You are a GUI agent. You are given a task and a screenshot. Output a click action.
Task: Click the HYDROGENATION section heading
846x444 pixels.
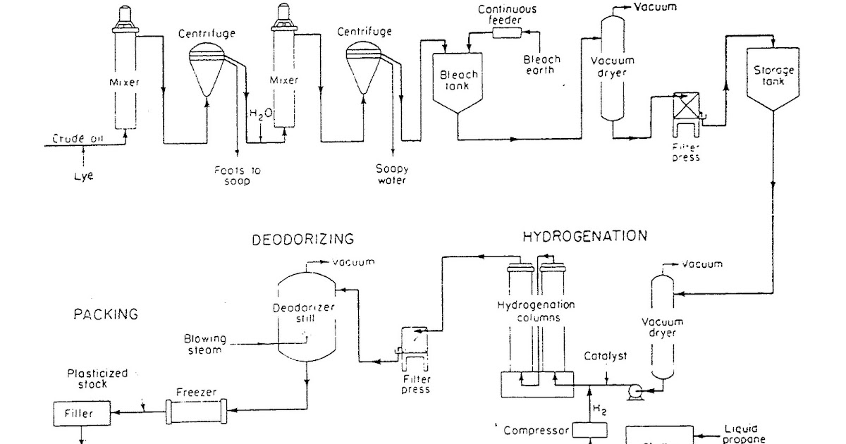(x=584, y=236)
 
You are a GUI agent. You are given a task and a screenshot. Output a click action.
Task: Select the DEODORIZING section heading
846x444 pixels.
(x=302, y=240)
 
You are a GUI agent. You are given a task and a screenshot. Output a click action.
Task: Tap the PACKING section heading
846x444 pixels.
(x=106, y=314)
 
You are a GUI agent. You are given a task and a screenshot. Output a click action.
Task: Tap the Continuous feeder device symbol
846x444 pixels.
(x=506, y=32)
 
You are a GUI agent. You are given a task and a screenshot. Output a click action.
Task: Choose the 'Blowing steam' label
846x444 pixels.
(x=204, y=343)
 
